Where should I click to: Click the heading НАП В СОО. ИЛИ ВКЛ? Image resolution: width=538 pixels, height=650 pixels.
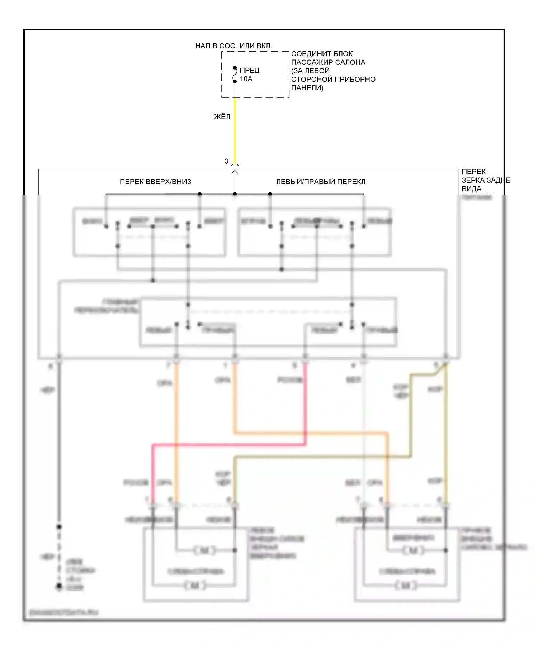click(x=233, y=46)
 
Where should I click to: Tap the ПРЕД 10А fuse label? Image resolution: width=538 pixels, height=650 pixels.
click(x=249, y=75)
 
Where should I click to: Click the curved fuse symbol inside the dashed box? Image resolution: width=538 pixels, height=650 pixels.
click(x=235, y=75)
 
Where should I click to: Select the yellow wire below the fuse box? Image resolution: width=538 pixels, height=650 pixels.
click(x=235, y=129)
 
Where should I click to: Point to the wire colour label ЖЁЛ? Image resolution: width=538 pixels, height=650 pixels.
click(x=222, y=117)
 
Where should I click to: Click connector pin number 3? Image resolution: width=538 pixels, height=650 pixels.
click(x=226, y=162)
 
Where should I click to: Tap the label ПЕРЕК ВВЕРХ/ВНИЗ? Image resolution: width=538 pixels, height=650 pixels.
click(x=155, y=182)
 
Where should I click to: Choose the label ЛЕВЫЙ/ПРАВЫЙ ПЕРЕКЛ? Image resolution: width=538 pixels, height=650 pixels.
click(x=321, y=182)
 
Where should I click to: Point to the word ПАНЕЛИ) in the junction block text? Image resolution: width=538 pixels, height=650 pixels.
click(x=307, y=88)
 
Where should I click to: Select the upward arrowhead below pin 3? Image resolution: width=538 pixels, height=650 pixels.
click(x=235, y=173)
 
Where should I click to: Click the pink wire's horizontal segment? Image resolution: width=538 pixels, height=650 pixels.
click(x=230, y=445)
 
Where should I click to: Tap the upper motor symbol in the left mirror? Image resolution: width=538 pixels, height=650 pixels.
click(x=205, y=550)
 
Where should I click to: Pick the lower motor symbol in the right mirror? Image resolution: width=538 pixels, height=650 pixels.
click(x=406, y=586)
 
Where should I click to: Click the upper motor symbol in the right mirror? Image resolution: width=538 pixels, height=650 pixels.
click(x=412, y=550)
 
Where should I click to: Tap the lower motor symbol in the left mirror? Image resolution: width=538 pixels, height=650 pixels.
click(x=195, y=586)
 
